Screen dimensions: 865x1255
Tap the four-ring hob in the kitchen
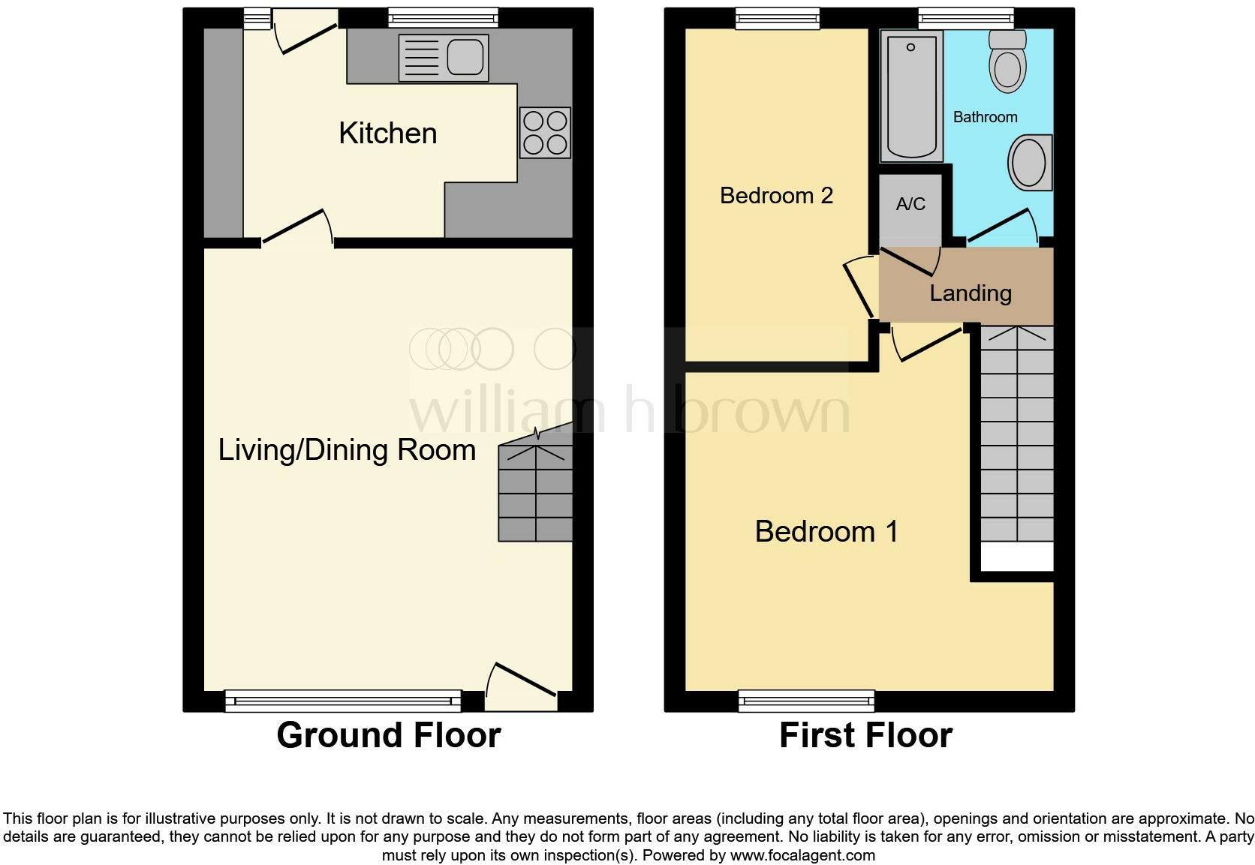pyautogui.click(x=545, y=133)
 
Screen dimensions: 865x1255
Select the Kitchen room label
pyautogui.click(x=387, y=134)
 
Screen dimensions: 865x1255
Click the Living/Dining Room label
pyautogui.click(x=347, y=450)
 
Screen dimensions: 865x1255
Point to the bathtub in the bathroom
pyautogui.click(x=910, y=95)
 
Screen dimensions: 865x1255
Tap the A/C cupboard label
pyautogui.click(x=910, y=204)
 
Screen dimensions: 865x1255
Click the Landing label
pyautogui.click(x=970, y=293)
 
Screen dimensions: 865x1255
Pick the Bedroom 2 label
pyautogui.click(x=776, y=196)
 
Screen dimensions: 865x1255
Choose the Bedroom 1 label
pyautogui.click(x=826, y=532)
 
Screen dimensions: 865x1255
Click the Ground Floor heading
pyautogui.click(x=388, y=735)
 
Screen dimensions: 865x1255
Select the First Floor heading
pyautogui.click(x=865, y=735)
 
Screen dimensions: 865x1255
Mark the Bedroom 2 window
pyautogui.click(x=777, y=18)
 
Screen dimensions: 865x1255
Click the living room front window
pyautogui.click(x=343, y=701)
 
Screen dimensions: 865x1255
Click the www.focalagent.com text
pyautogui.click(x=802, y=855)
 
